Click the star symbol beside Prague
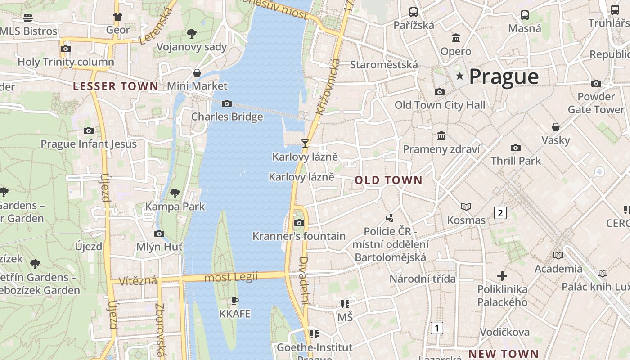[x=459, y=76]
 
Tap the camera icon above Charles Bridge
[x=227, y=104]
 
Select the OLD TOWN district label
[x=388, y=180]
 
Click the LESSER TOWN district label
[x=116, y=86]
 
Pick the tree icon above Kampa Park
[x=175, y=193]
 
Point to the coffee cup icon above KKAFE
[x=234, y=301]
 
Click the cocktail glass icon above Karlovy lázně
[x=305, y=144]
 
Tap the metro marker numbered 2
[x=500, y=212]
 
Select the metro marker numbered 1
[x=436, y=328]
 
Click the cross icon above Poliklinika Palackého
[x=502, y=275]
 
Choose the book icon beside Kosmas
[x=466, y=207]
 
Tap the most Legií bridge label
[x=232, y=277]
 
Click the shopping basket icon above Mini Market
[x=197, y=73]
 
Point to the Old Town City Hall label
[x=440, y=105]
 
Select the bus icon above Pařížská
[x=413, y=12]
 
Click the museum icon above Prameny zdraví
[x=441, y=135]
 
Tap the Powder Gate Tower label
[x=596, y=103]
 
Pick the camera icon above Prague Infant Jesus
[x=89, y=131]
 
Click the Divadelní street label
[x=304, y=280]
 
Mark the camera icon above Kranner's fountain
[x=299, y=223]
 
